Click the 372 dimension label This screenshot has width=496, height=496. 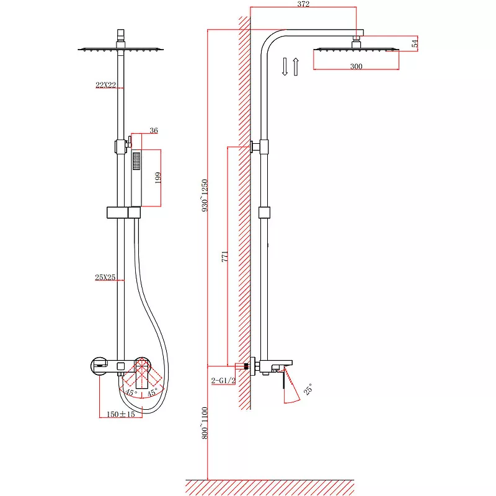(x=303, y=4)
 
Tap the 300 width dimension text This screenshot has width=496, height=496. (x=356, y=66)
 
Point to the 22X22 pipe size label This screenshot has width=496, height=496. (x=105, y=85)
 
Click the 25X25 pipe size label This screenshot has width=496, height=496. (x=105, y=277)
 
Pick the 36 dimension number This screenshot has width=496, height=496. (x=154, y=130)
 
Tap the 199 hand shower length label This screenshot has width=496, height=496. (x=158, y=178)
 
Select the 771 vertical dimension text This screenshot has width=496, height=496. (x=224, y=256)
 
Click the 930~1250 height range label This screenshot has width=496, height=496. (x=205, y=195)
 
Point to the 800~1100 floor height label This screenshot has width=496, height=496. (x=205, y=423)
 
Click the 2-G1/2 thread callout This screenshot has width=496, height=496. (x=223, y=380)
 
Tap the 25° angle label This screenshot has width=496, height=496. (x=308, y=389)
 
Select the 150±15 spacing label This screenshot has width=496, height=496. (x=120, y=414)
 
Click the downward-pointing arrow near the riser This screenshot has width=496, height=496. (x=285, y=67)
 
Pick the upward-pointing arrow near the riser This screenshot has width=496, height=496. (x=296, y=67)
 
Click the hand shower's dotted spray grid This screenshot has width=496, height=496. (x=136, y=161)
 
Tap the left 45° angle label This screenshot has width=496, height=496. (x=131, y=392)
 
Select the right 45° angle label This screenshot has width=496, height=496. (x=152, y=392)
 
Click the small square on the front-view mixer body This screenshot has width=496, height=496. (x=120, y=366)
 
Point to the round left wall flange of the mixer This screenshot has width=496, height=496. (x=99, y=366)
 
